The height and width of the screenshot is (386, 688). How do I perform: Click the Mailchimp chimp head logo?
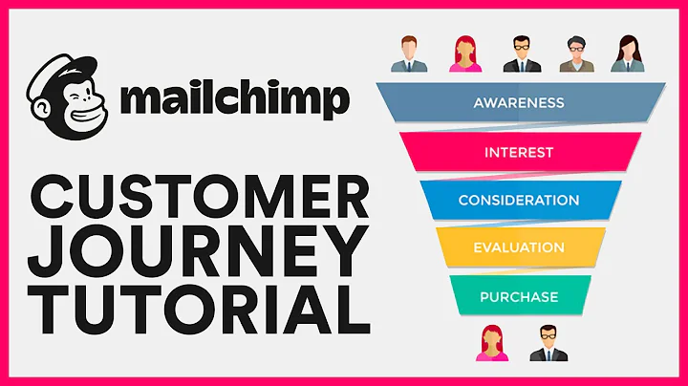pyautogui.click(x=69, y=96)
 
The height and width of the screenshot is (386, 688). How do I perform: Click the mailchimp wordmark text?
pyautogui.click(x=233, y=98)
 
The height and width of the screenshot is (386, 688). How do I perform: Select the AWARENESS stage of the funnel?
pyautogui.click(x=519, y=103)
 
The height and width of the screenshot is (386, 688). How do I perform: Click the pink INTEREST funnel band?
pyautogui.click(x=519, y=151)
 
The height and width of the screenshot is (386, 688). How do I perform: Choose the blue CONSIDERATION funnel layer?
pyautogui.click(x=519, y=200)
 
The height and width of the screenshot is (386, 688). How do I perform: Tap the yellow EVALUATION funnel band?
pyautogui.click(x=519, y=247)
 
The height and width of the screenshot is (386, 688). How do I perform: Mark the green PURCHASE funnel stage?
pyautogui.click(x=519, y=295)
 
